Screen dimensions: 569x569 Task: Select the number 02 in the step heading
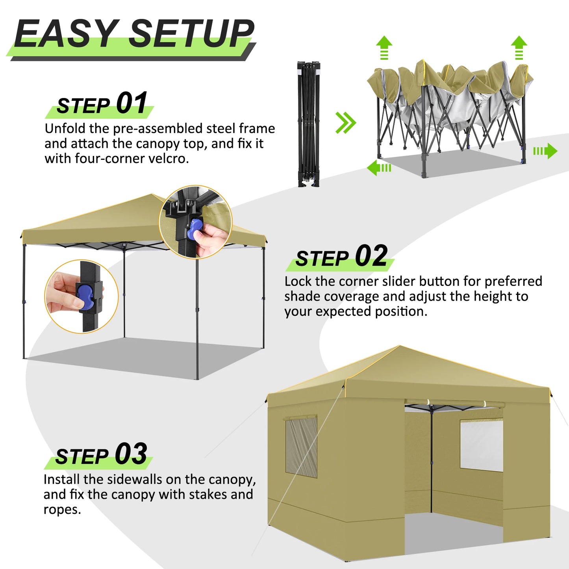pos(371,256)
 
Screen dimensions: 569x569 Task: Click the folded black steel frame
pos(309,124)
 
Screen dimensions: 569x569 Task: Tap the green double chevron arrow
pos(346,122)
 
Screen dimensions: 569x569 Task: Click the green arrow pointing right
pos(545,151)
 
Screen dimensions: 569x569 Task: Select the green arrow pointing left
pos(379,168)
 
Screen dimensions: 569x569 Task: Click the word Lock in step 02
pos(298,281)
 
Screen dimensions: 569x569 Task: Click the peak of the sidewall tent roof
pos(400,346)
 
